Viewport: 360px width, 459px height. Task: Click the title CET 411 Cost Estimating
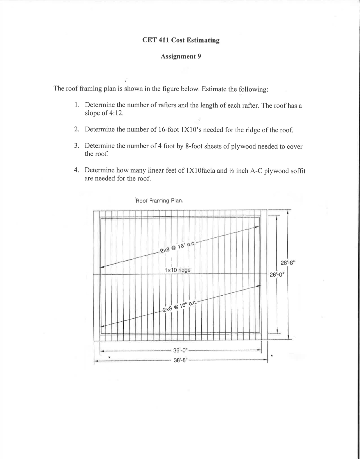pyautogui.click(x=181, y=40)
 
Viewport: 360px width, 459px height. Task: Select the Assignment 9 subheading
pyautogui.click(x=181, y=56)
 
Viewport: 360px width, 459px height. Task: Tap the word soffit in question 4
pyautogui.click(x=297, y=171)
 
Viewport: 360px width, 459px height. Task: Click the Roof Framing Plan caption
pyautogui.click(x=160, y=201)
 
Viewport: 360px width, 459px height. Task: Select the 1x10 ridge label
pyautogui.click(x=177, y=270)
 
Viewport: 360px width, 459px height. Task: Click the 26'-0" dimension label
pyautogui.click(x=277, y=275)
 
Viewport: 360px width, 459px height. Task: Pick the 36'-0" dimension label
pyautogui.click(x=181, y=351)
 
